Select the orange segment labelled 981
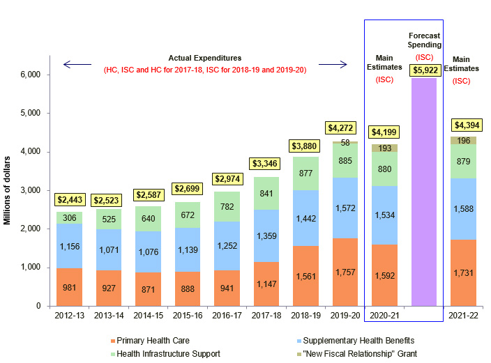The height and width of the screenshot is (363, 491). (69, 286)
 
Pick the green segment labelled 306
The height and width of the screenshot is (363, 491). (69, 217)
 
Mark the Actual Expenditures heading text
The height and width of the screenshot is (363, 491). (204, 57)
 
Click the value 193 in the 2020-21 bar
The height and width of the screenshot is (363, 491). (384, 148)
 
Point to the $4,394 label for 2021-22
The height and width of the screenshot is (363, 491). (464, 125)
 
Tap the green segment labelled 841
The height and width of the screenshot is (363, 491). (266, 194)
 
